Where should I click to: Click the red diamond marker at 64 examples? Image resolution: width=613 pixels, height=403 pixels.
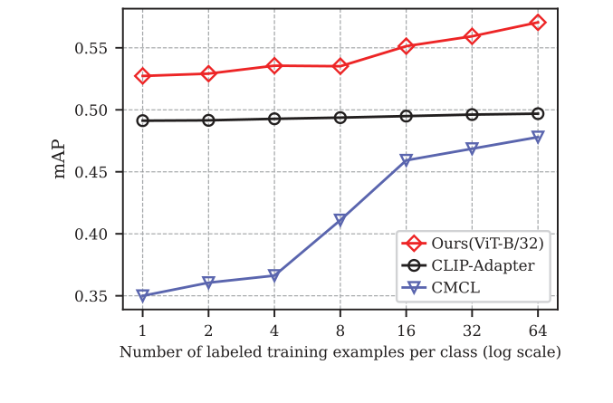[538, 22]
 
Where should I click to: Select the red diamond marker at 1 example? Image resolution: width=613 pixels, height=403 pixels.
[142, 76]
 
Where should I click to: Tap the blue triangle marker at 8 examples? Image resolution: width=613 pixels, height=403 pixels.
[340, 220]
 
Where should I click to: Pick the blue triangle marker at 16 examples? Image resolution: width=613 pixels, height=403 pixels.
[406, 160]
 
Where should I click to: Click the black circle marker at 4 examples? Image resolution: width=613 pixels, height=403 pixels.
[274, 119]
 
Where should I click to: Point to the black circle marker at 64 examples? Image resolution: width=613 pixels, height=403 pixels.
[538, 113]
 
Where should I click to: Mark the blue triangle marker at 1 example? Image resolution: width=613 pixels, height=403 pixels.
[142, 295]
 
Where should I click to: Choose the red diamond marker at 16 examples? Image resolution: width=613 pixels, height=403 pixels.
[406, 46]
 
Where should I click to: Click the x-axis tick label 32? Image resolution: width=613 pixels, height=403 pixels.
[472, 330]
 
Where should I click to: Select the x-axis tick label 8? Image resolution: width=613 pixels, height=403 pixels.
[340, 330]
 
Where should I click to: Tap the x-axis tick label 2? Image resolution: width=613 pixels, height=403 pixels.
[208, 330]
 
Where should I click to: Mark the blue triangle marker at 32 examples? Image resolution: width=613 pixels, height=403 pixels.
[472, 149]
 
